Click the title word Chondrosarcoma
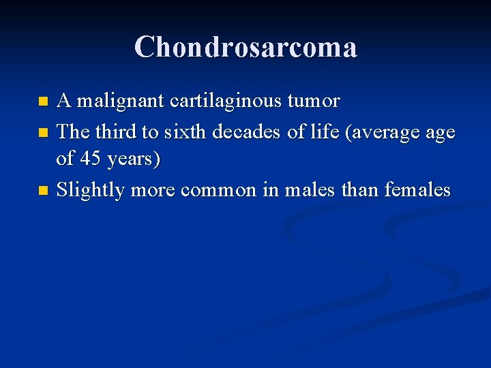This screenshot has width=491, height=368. [245, 47]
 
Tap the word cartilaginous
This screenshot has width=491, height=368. [228, 102]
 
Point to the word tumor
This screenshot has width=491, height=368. [314, 102]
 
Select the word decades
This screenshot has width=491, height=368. [246, 131]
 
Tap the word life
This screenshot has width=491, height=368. [324, 131]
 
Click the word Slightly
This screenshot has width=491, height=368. [91, 190]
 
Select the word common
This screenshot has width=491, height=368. [215, 190]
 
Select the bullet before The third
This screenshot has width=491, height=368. [43, 132]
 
